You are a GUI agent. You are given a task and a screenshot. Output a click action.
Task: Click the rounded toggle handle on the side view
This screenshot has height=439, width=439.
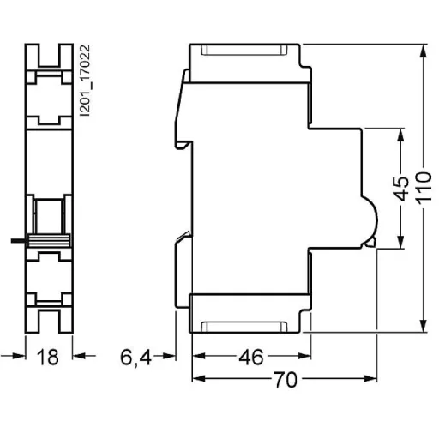pos(371,219)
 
